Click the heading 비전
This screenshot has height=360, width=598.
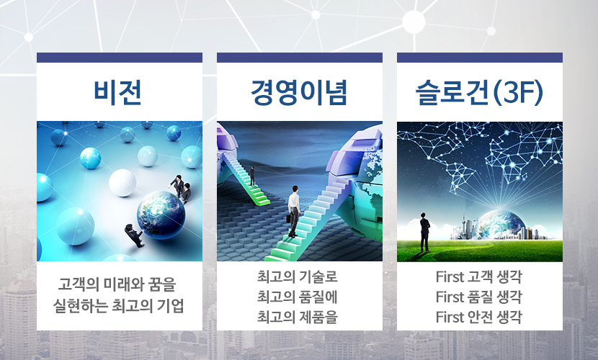pos(118,92)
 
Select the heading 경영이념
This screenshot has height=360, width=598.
pos(300,92)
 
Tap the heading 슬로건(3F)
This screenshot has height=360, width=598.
pos(479,93)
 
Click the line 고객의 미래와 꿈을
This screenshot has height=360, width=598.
pos(117,284)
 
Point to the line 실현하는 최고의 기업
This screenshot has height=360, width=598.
pos(119,305)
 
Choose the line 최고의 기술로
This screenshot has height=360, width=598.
pos(298,276)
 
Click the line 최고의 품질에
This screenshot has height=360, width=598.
pos(298,297)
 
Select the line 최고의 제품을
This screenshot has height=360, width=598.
pos(298,317)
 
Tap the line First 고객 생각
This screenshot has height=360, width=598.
pos(478,277)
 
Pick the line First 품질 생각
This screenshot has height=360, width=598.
pos(478,297)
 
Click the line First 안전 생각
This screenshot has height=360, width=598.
pos(478,317)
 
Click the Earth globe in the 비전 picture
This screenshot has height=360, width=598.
pos(161,215)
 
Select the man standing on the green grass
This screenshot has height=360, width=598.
pos(424,232)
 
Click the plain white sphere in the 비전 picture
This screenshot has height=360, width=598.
pos(122,183)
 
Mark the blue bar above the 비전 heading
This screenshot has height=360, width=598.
pos(120,58)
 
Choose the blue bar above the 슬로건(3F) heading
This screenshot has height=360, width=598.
pos(480,58)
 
